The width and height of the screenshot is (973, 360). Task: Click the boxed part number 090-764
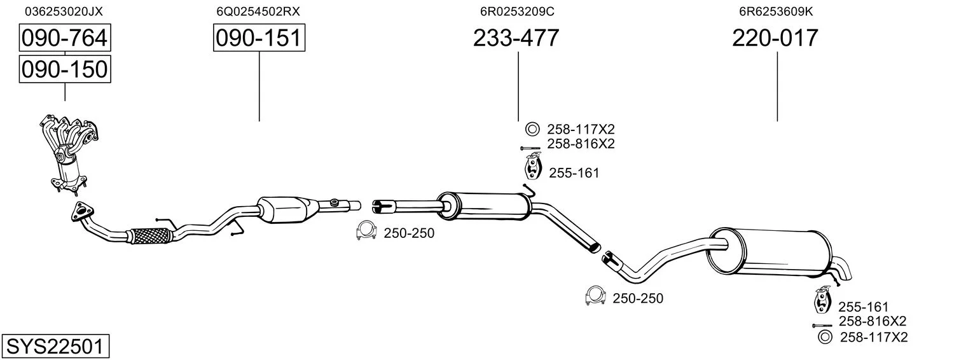coord(65,38)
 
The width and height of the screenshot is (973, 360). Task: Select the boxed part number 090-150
coord(65,69)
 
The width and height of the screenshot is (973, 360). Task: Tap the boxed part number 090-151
coord(259,38)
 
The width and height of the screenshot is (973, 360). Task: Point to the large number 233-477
coord(516,38)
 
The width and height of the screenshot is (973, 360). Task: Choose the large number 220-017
coord(775,38)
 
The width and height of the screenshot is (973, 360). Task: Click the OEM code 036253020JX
coord(64,11)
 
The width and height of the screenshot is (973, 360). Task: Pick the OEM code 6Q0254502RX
coord(258,11)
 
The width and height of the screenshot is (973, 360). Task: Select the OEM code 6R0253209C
coord(517,11)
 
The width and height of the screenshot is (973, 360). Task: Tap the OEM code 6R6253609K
coord(776,11)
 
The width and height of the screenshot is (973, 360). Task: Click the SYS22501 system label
coord(55,347)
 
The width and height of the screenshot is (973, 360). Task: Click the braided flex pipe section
coord(150,236)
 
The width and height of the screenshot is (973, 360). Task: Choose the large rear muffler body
coord(771,252)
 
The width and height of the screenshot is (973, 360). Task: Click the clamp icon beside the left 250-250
coord(366,231)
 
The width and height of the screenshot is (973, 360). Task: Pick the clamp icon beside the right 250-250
coord(595,296)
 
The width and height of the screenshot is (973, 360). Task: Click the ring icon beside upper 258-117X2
coord(532,129)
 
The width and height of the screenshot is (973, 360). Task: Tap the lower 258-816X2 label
coord(873,321)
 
